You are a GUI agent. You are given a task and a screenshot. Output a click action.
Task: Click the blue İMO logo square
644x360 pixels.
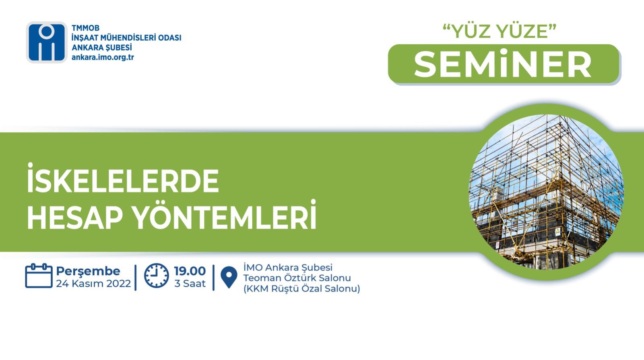click(x=47, y=42)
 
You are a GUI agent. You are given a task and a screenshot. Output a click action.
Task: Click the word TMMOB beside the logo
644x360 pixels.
click(x=85, y=28)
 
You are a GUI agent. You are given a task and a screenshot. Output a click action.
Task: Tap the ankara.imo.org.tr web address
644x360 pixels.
click(x=103, y=57)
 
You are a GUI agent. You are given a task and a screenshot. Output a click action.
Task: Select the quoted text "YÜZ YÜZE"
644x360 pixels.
click(x=500, y=31)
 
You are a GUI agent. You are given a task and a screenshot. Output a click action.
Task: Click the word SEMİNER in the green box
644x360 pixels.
click(x=503, y=64)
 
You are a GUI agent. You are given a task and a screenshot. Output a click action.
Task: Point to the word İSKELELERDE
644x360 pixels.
click(x=123, y=178)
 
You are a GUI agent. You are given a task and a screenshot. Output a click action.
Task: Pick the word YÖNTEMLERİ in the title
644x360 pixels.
click(x=225, y=215)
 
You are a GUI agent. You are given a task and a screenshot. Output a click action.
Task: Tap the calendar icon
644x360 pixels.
click(x=39, y=275)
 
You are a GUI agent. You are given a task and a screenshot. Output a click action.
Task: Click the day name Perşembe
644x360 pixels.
click(x=88, y=271)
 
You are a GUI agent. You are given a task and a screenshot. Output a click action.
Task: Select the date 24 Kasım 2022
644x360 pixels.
click(x=93, y=283)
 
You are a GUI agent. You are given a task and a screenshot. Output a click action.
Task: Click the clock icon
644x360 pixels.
click(x=157, y=275)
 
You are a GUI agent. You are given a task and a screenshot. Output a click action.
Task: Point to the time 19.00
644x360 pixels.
click(x=190, y=271)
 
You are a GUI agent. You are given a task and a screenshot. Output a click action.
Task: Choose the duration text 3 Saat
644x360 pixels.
click(x=190, y=283)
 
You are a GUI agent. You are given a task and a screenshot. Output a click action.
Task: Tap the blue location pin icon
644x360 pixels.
click(x=229, y=277)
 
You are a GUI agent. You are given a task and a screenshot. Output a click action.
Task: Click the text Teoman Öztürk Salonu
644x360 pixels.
click(x=297, y=278)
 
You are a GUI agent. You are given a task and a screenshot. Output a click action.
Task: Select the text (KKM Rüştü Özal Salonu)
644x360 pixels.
click(x=302, y=289)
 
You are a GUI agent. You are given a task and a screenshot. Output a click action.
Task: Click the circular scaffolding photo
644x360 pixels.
click(x=546, y=192)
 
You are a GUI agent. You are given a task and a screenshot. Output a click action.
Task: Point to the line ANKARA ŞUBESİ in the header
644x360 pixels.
click(x=102, y=48)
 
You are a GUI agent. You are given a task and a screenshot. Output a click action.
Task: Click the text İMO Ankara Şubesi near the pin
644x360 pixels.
click(x=288, y=267)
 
